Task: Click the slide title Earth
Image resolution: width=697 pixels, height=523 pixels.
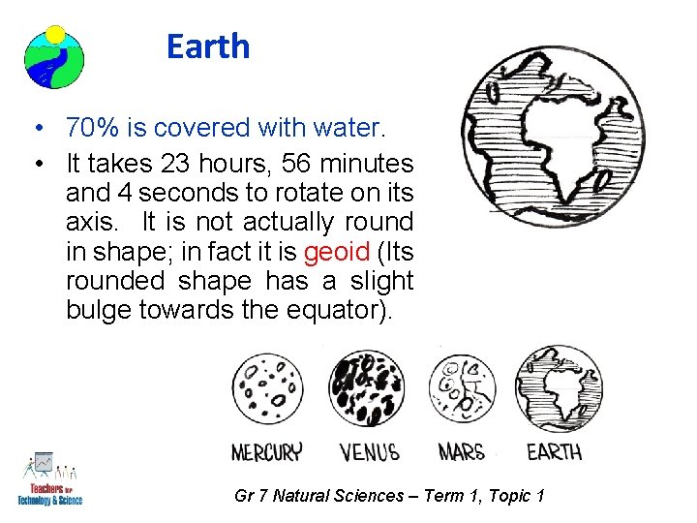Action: pyautogui.click(x=207, y=46)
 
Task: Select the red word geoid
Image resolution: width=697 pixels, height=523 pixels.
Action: pyautogui.click(x=336, y=252)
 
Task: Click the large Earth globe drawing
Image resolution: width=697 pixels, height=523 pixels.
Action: pyautogui.click(x=552, y=137)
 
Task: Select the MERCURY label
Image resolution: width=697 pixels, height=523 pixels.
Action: pyautogui.click(x=266, y=451)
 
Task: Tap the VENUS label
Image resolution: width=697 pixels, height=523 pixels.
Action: pyautogui.click(x=370, y=451)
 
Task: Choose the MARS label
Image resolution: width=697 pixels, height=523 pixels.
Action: pyautogui.click(x=462, y=451)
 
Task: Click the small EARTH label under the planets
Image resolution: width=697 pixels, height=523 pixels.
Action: pyautogui.click(x=554, y=451)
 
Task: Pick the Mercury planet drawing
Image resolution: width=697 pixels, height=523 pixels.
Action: pyautogui.click(x=267, y=389)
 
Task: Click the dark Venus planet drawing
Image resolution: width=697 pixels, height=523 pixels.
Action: pyautogui.click(x=368, y=389)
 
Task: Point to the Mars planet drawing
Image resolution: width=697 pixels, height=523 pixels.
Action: pyautogui.click(x=462, y=387)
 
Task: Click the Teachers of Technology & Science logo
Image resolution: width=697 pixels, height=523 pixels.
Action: pyautogui.click(x=49, y=479)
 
